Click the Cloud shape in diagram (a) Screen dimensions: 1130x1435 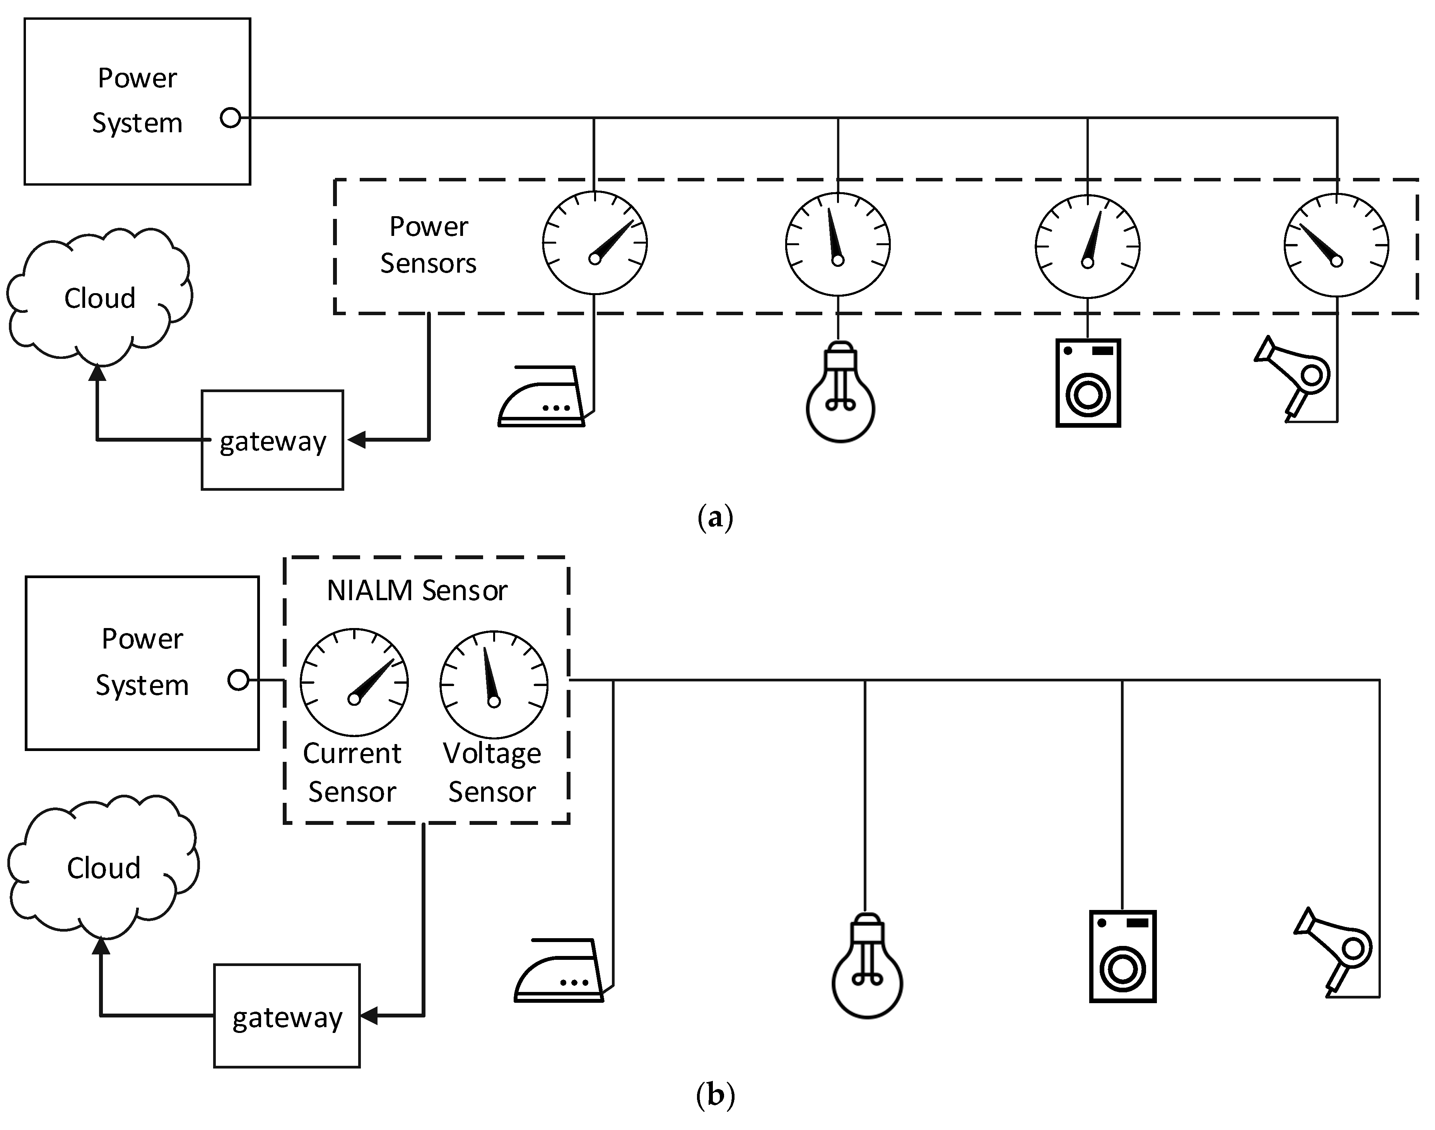tap(99, 298)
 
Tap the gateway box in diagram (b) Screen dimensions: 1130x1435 tap(287, 1016)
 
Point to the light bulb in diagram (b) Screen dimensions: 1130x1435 tap(867, 966)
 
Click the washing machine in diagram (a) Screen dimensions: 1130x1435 tap(1088, 383)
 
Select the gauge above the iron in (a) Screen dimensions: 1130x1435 tap(595, 243)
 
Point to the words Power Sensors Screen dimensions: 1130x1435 tap(428, 245)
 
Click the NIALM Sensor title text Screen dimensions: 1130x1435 tap(417, 590)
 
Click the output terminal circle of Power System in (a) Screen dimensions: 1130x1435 tap(230, 118)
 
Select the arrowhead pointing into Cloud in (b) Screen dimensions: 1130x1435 tap(101, 946)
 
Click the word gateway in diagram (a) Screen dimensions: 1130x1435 tap(273, 441)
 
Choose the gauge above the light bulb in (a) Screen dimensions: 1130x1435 tap(837, 244)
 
